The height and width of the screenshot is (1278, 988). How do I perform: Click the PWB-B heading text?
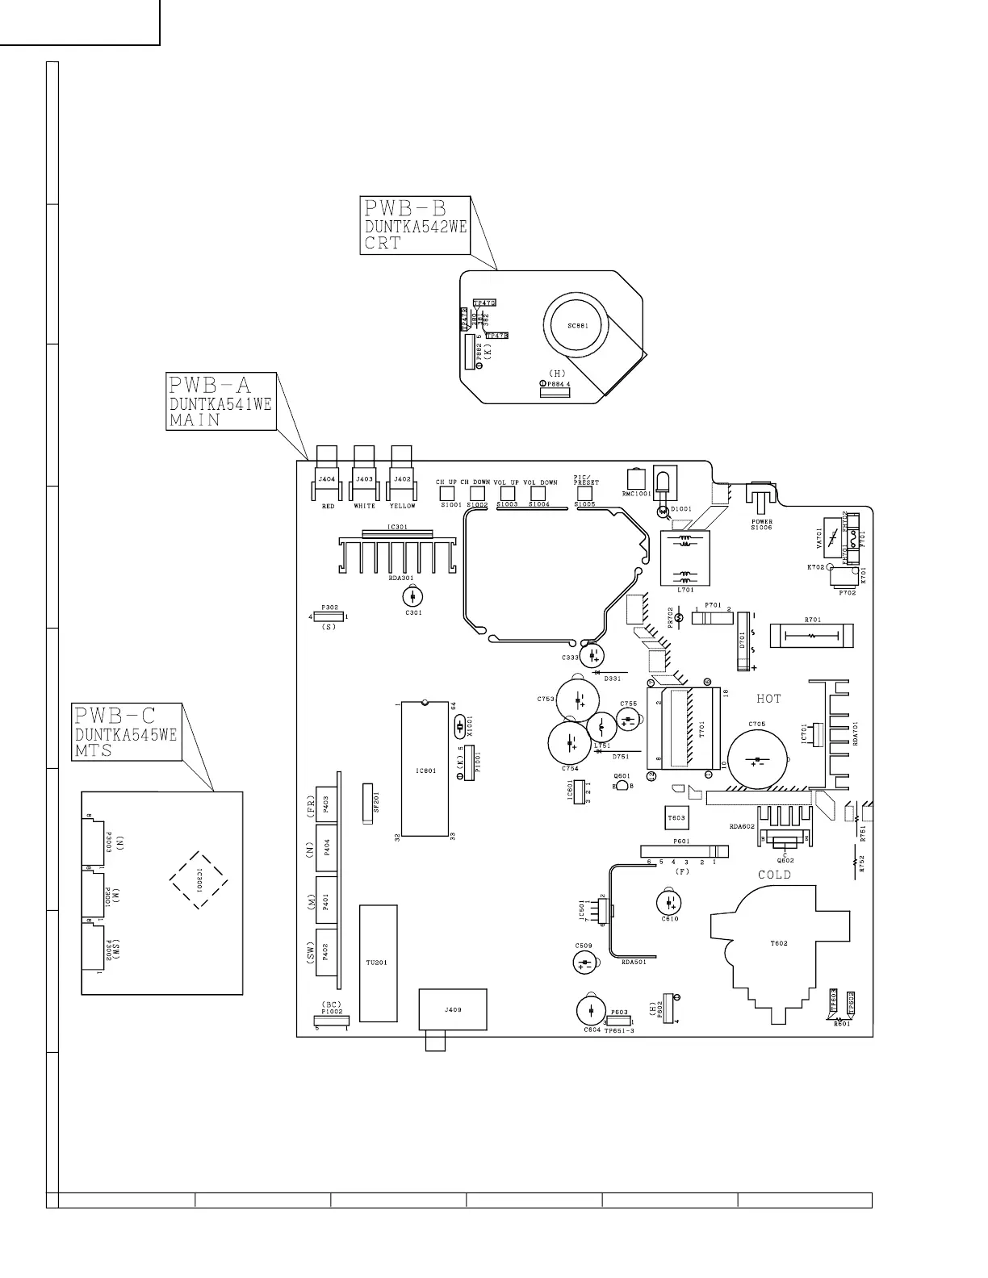coord(404,209)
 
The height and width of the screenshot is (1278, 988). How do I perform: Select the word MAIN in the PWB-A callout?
coord(195,420)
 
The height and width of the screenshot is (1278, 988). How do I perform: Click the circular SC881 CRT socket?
coord(577,326)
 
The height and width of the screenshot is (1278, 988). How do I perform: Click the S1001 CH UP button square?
coord(445,493)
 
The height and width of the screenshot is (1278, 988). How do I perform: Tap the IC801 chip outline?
coord(425,770)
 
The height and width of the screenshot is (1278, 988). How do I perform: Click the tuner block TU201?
coord(378,963)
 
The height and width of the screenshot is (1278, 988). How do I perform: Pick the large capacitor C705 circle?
coord(757,760)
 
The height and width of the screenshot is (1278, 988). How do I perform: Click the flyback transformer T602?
coord(779,944)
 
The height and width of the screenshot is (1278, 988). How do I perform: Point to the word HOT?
coord(768,699)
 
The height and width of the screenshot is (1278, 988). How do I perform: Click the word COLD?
coord(774,875)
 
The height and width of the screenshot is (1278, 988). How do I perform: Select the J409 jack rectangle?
coord(453,1009)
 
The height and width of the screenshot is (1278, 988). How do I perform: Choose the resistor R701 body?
coord(810,635)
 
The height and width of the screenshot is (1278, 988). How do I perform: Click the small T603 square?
coord(676,817)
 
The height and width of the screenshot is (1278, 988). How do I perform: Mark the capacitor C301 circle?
coord(412,597)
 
